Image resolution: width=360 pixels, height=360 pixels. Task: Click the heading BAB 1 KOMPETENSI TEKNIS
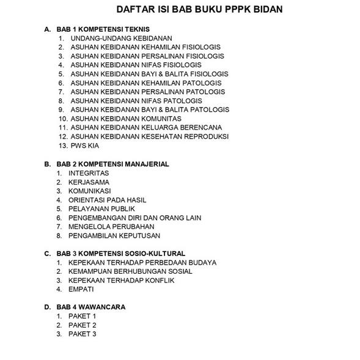tap(103, 29)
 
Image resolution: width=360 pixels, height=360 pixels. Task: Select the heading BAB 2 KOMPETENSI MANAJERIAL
tap(112, 164)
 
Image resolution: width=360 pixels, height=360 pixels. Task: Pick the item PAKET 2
tap(83, 325)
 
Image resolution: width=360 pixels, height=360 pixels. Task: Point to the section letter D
tap(47, 307)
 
